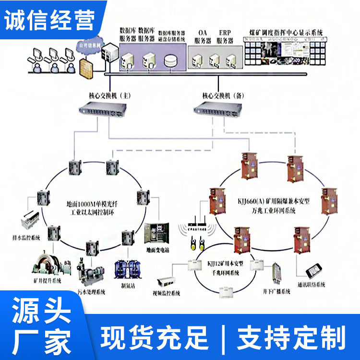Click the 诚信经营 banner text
pyautogui.click(x=50, y=18)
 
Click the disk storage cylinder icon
pyautogui.click(x=170, y=61)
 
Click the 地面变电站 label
pyautogui.click(x=158, y=250)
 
